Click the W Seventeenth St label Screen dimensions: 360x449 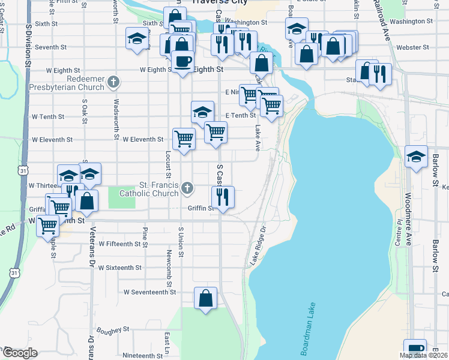(149, 292)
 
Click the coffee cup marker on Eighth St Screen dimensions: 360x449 (182, 61)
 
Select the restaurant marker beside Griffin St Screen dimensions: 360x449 (223, 196)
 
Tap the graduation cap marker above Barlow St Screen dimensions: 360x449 (416, 157)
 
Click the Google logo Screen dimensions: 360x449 (19, 353)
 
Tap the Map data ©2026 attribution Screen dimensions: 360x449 (423, 355)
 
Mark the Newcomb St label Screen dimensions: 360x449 (167, 264)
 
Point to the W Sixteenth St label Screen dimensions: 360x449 (120, 268)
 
